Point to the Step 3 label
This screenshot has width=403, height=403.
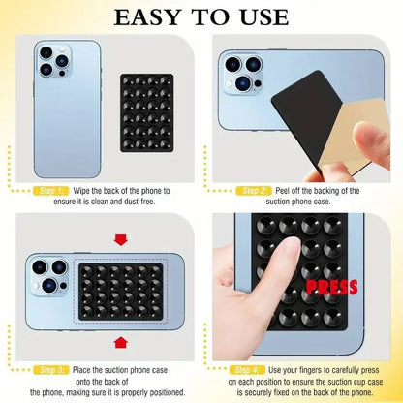pyautogui.click(x=51, y=369)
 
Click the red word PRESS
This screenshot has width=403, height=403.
pyautogui.click(x=331, y=287)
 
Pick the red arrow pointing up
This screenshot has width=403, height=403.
pyautogui.click(x=120, y=340)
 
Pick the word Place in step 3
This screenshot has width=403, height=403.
pyautogui.click(x=84, y=369)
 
